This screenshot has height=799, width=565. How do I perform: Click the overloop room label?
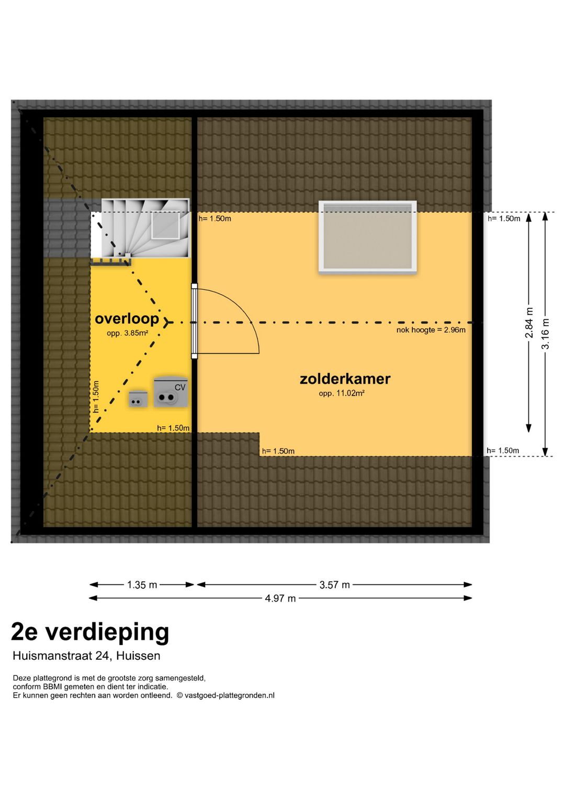127,319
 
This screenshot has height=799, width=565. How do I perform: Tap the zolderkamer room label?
345,379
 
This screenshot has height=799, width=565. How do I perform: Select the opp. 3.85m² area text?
127,333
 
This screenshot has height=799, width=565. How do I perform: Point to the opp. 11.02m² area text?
342,393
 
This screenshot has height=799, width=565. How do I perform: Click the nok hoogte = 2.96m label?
431,330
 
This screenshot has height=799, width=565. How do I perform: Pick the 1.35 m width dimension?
142,585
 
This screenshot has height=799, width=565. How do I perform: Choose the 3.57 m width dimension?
334,585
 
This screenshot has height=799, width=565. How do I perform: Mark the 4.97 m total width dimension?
280,598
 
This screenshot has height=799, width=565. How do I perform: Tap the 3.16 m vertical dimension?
545,334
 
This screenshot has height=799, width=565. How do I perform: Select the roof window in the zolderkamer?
368,237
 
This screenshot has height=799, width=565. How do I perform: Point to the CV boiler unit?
171,393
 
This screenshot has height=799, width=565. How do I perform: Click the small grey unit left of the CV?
138,399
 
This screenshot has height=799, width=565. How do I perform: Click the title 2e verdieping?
90,632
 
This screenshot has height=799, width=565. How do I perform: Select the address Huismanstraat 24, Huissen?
86,656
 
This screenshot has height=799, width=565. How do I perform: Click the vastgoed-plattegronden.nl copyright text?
225,695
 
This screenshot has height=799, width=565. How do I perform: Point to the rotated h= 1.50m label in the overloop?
96,397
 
